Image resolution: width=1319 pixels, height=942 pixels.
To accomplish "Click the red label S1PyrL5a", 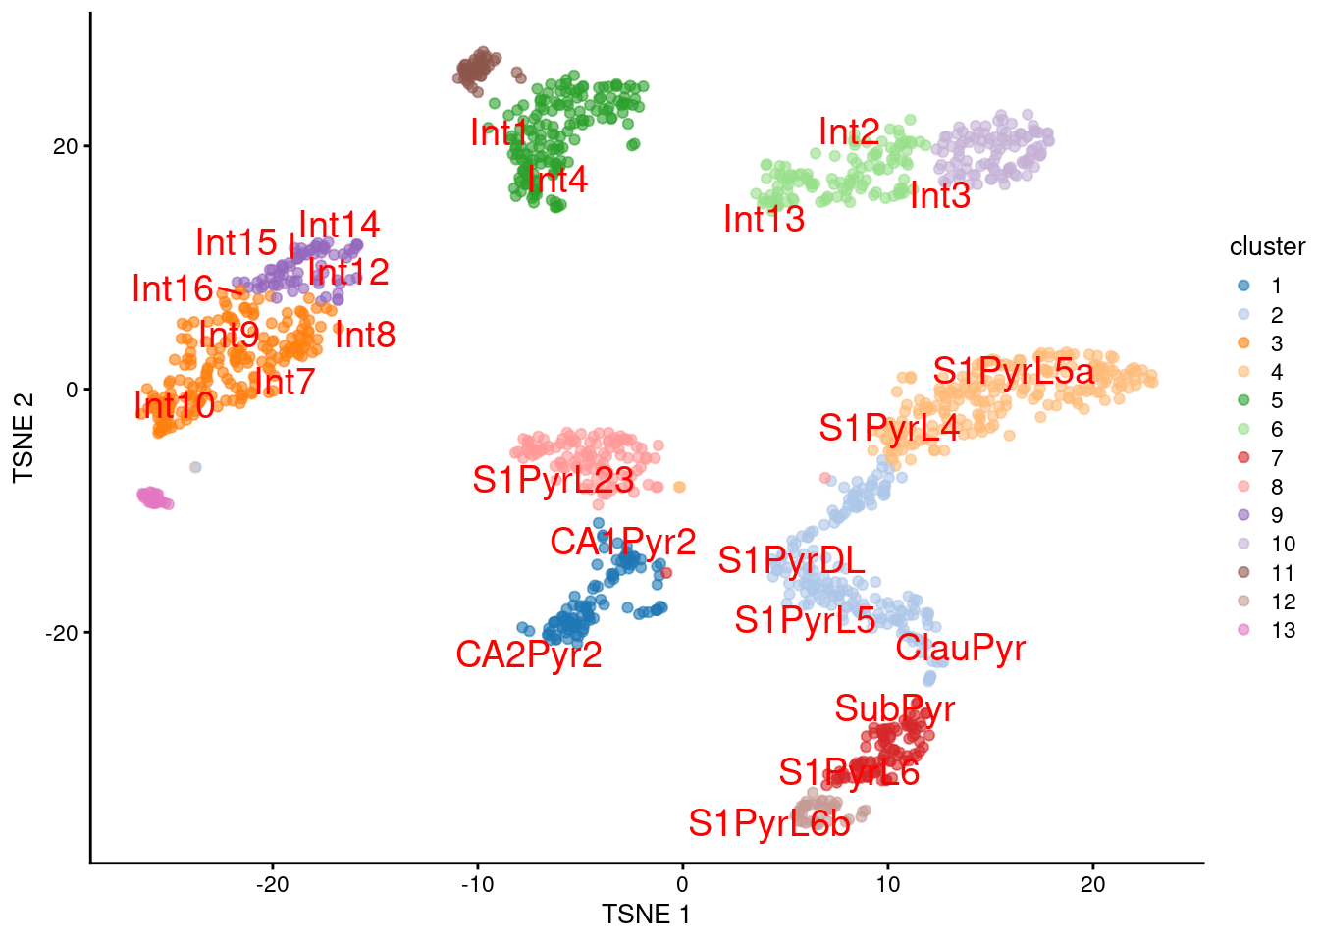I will [1013, 372].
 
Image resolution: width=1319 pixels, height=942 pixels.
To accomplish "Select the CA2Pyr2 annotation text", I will [528, 654].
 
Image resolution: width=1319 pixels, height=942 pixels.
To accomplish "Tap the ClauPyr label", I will [960, 648].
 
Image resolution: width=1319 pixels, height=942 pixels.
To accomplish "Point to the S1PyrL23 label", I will [553, 480].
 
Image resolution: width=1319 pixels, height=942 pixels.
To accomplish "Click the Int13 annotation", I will [764, 219].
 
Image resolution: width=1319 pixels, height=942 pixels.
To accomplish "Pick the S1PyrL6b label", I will [768, 824].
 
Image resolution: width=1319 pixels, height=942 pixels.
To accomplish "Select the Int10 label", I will [174, 404].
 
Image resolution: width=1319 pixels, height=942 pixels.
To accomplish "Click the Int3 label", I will [939, 196].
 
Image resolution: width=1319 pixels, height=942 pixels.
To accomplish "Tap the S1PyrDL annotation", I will [791, 560].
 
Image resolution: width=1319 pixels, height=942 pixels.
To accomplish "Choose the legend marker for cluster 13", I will [1243, 630].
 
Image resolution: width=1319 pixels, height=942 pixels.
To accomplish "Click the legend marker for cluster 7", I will [1243, 458].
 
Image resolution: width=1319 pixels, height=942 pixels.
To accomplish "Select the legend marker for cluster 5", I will [1243, 400].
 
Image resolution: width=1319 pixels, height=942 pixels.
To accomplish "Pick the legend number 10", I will [1283, 545].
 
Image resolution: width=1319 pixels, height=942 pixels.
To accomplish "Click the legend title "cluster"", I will [1267, 247].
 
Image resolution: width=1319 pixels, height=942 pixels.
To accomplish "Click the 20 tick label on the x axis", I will [1092, 884].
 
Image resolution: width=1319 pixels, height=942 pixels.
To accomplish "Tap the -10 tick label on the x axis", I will [477, 884].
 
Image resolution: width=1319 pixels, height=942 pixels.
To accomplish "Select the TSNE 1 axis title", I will [646, 915].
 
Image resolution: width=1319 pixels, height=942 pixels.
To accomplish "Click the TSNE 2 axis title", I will [24, 438].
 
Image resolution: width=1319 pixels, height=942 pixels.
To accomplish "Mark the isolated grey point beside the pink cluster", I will [195, 467].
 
